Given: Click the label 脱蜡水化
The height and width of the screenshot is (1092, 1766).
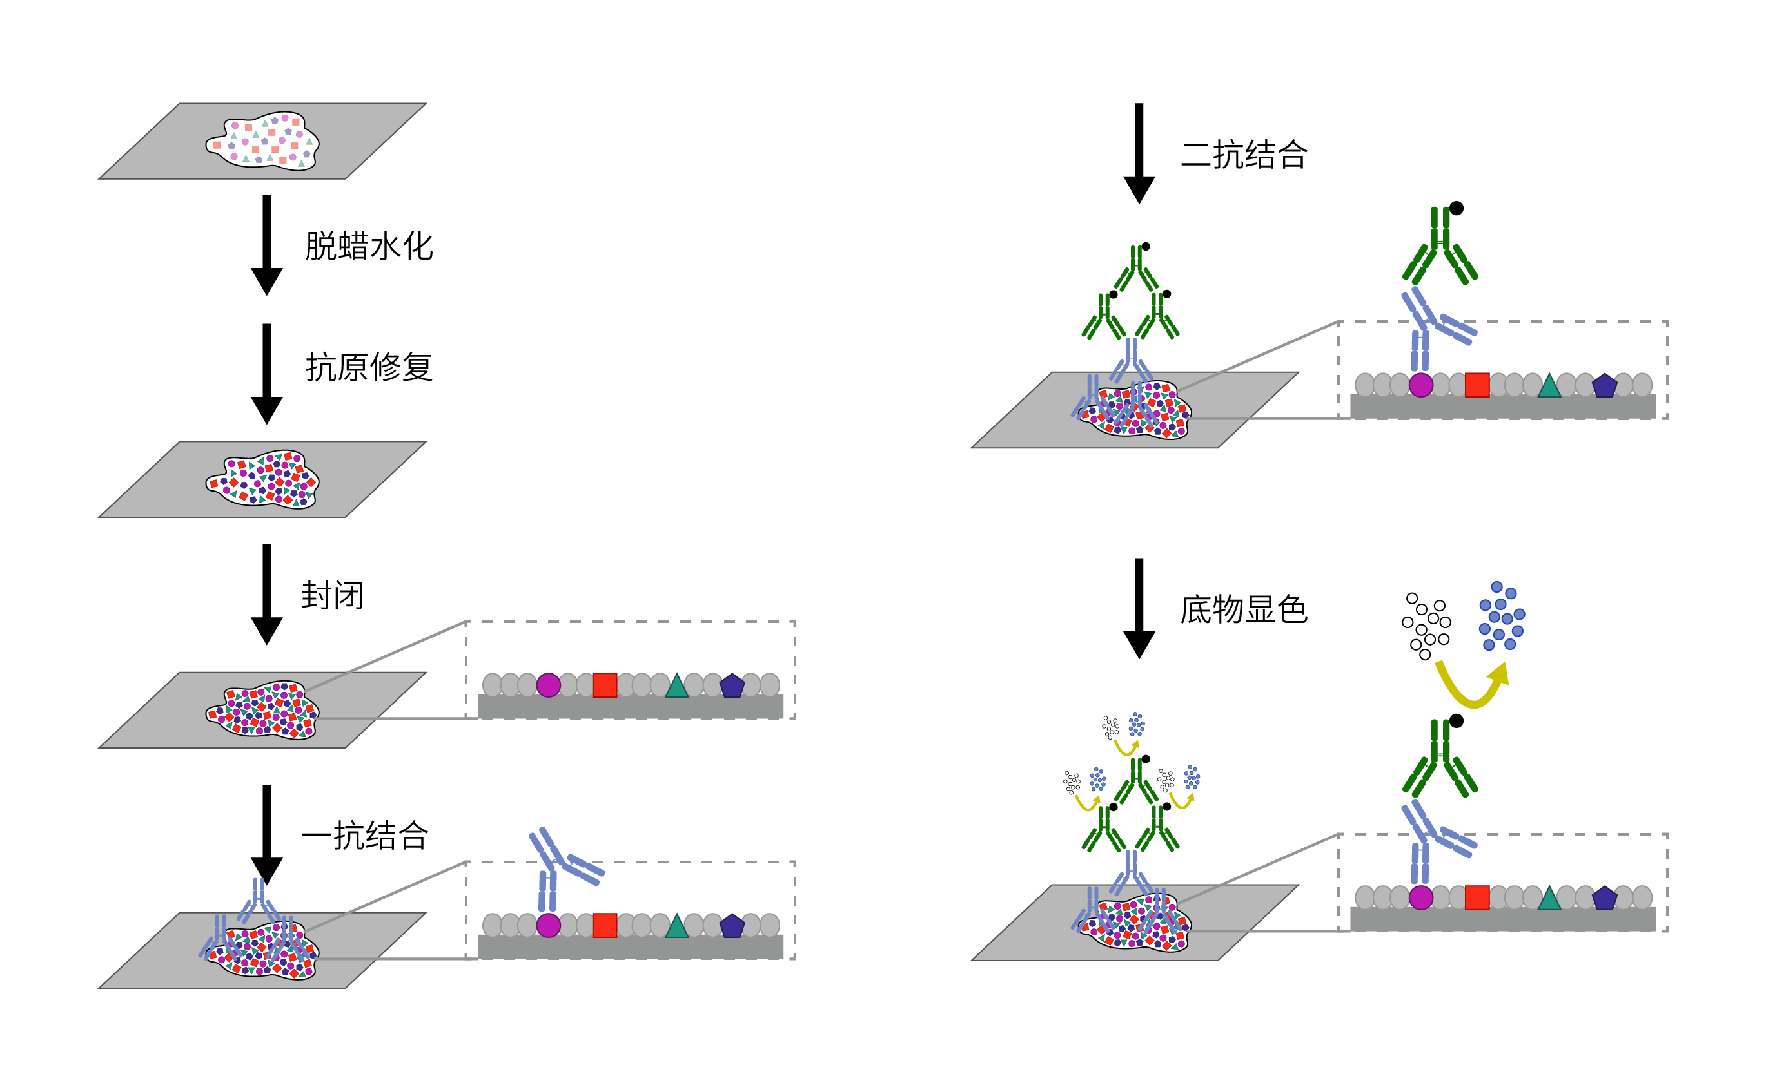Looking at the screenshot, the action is pos(369,246).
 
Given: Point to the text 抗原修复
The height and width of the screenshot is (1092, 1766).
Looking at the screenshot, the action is pos(369,367).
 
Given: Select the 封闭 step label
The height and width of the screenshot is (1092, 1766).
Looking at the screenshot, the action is pos(333,595).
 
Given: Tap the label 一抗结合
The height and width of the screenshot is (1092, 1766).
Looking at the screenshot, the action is pos(365,836).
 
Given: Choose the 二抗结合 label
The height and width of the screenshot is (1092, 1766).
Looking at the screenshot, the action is pos(1244,155).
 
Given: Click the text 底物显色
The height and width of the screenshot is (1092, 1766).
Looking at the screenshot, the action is pos(1244,609).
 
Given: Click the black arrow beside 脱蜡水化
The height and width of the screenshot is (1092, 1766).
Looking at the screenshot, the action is pos(267,245).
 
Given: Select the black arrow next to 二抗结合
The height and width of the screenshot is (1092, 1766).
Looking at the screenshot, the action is pos(1139,153).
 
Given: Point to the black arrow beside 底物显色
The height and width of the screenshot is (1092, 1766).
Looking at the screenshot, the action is pos(1139,608).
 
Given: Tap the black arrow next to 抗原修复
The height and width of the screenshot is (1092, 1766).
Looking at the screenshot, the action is pos(267,374).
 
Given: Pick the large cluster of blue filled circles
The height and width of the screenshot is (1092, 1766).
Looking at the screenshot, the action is pos(1502,616).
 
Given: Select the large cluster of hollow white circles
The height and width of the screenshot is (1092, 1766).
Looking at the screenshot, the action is pos(1426,626).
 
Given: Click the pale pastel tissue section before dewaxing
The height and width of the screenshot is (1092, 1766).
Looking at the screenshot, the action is pos(262,141).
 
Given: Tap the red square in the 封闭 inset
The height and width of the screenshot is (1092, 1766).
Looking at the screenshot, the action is pos(604,685).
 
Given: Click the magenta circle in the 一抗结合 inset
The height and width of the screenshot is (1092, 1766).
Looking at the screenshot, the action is pos(549,925).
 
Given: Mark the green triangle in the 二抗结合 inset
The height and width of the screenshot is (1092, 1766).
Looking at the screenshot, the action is pos(1549,386).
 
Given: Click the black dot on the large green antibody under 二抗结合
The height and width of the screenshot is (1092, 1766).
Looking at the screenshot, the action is pos(1456,208).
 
